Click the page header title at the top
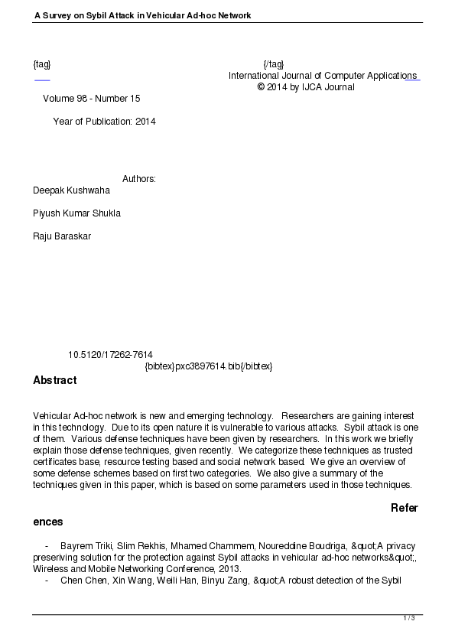pyautogui.click(x=142, y=15)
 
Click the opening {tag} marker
pyautogui.click(x=42, y=63)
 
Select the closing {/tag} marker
pyautogui.click(x=273, y=63)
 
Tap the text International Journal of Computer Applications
pyautogui.click(x=323, y=76)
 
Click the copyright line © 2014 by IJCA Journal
pyautogui.click(x=306, y=87)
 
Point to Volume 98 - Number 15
pyautogui.click(x=92, y=99)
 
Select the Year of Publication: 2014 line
pyautogui.click(x=104, y=121)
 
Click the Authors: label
pyautogui.click(x=139, y=179)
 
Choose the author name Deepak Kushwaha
pyautogui.click(x=71, y=190)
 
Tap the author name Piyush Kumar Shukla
pyautogui.click(x=76, y=213)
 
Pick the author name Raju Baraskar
pyautogui.click(x=62, y=236)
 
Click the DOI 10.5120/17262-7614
pyautogui.click(x=110, y=355)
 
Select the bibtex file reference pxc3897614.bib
pyautogui.click(x=208, y=366)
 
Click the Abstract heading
pyautogui.click(x=54, y=380)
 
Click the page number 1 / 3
pyautogui.click(x=409, y=618)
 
